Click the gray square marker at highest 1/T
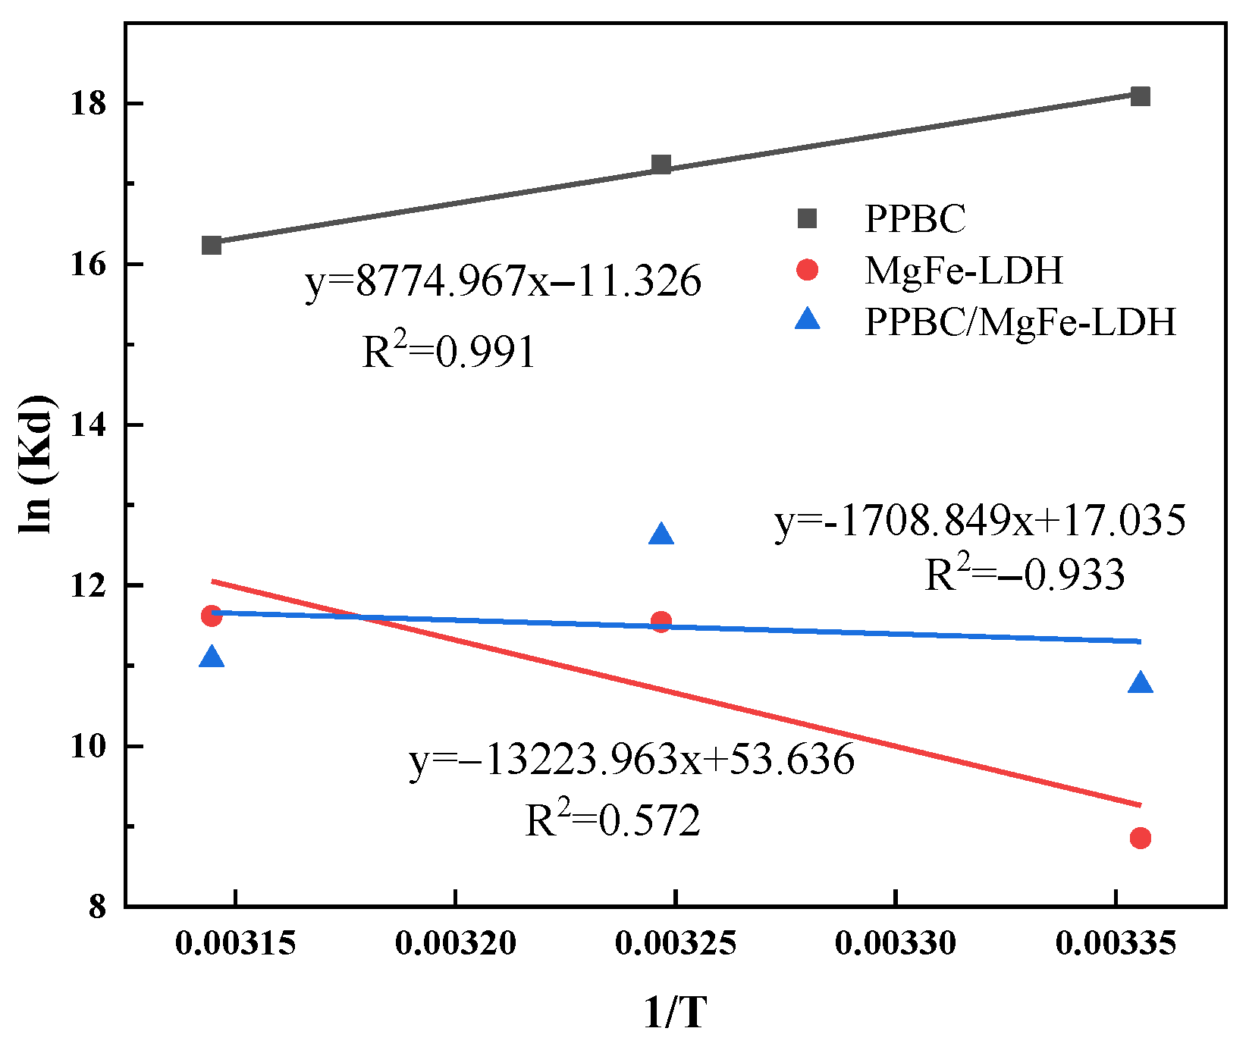point(1140,96)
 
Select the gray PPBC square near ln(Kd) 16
point(212,246)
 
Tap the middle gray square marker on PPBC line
point(661,165)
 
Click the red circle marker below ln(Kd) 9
point(1140,838)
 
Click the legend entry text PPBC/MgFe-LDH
point(1020,322)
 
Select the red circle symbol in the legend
point(808,270)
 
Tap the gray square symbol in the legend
point(808,219)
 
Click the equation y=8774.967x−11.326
point(504,282)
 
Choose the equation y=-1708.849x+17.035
point(980,522)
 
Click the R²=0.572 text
point(613,821)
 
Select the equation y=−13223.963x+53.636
point(632,760)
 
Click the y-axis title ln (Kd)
point(36,464)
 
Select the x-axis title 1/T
point(675,1013)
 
